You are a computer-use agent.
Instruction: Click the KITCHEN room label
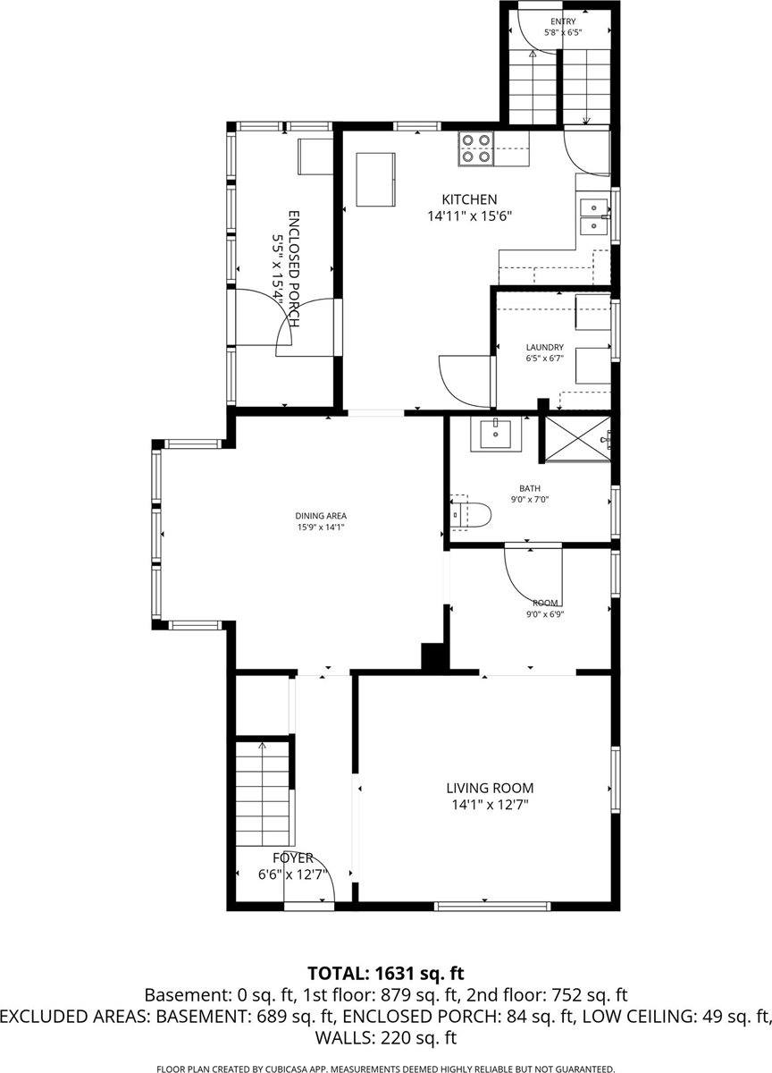pos(469,199)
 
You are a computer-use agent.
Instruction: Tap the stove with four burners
pos(476,148)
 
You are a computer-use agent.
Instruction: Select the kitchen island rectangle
pos(376,179)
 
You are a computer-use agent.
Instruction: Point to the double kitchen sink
pos(592,215)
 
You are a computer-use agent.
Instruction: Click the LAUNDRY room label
pos(544,347)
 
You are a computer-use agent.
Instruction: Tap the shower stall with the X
pos(577,438)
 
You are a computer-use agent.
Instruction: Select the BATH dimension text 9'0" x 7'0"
pos(530,500)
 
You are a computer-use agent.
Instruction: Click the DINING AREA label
pos(321,515)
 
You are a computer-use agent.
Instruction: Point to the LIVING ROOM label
pos(490,788)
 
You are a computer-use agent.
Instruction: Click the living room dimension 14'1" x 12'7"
pos(490,805)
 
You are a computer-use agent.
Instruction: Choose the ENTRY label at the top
pos(563,21)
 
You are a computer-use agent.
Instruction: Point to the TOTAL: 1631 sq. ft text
pos(386,973)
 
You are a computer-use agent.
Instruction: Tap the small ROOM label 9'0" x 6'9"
pos(546,603)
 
